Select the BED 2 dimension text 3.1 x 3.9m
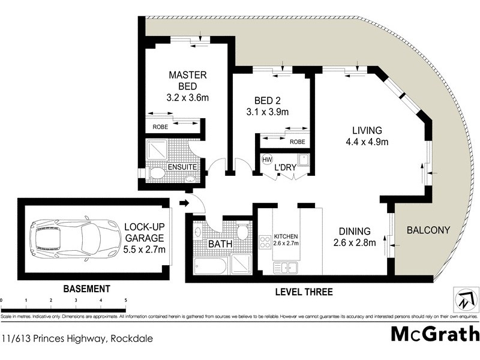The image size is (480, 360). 268,112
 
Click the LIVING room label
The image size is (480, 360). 367,130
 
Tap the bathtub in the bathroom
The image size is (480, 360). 210,266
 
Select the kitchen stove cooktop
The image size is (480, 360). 264,243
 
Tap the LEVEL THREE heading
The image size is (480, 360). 303,292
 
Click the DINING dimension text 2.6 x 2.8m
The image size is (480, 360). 354,242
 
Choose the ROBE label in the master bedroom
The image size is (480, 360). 160,127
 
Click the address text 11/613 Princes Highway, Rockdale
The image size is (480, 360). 77,339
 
